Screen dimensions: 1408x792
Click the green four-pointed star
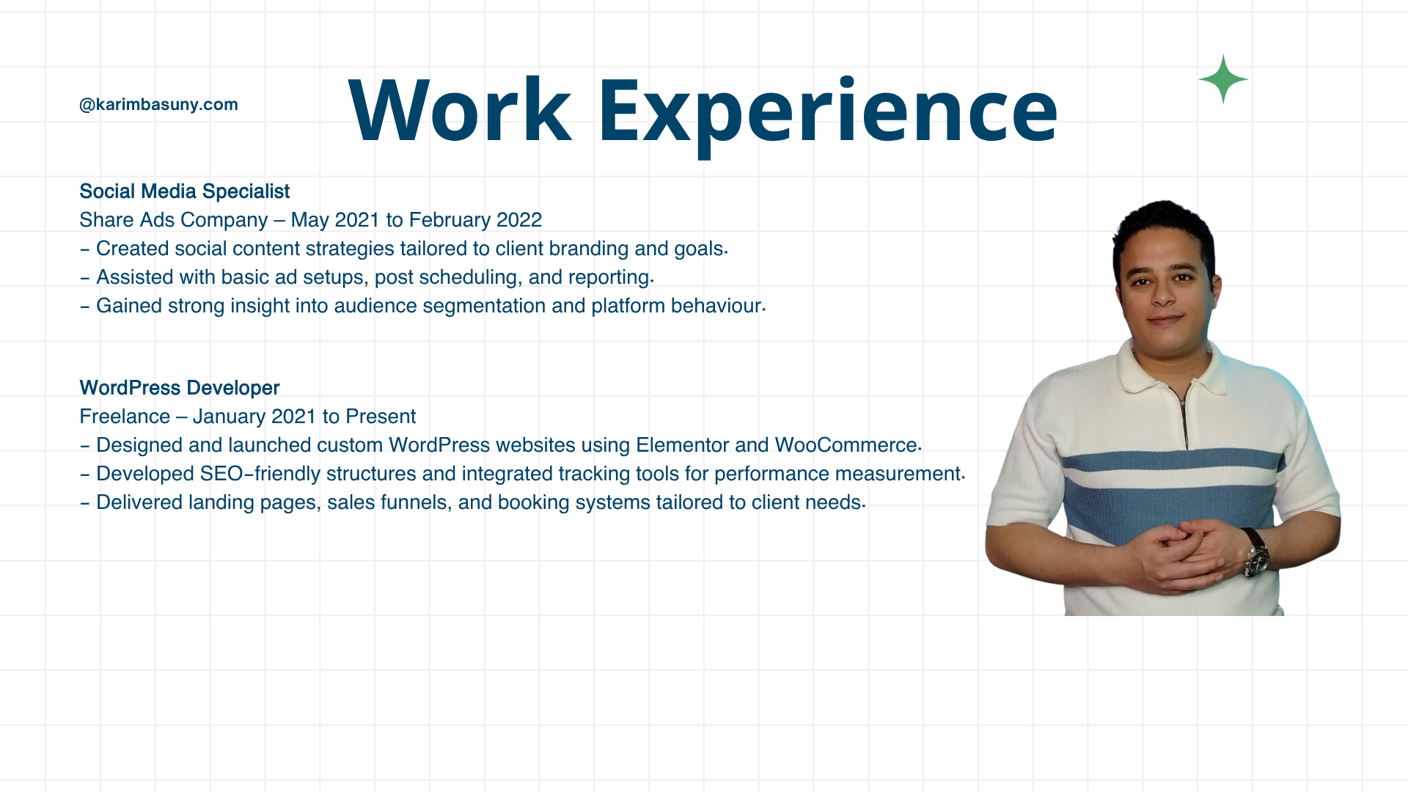pos(1223,79)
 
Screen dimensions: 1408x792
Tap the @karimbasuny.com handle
pos(158,104)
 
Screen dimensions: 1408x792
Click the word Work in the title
pos(460,110)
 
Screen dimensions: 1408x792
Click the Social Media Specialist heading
pos(184,191)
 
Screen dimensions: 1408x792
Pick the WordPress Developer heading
pos(180,388)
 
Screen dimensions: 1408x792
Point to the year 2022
pos(519,220)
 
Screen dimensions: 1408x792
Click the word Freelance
pos(125,417)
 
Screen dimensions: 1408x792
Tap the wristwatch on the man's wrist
pos(1256,554)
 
